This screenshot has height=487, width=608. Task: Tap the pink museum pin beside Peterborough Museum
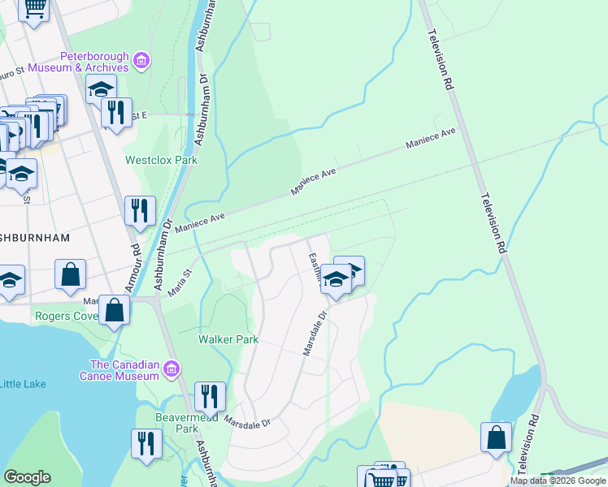pyautogui.click(x=142, y=59)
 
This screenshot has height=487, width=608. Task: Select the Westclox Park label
pyautogui.click(x=161, y=160)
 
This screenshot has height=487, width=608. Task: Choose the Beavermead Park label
pyautogui.click(x=177, y=422)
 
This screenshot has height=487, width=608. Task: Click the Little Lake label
pyautogui.click(x=24, y=384)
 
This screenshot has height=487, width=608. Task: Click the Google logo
pyautogui.click(x=27, y=477)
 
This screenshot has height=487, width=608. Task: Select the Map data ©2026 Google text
pyautogui.click(x=558, y=481)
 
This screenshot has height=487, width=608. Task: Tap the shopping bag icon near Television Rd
pyautogui.click(x=496, y=437)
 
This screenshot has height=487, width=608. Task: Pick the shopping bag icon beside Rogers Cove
pyautogui.click(x=115, y=309)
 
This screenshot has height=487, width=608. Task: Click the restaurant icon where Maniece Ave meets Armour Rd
pyautogui.click(x=140, y=210)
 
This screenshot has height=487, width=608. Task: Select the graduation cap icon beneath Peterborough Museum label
pyautogui.click(x=101, y=88)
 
